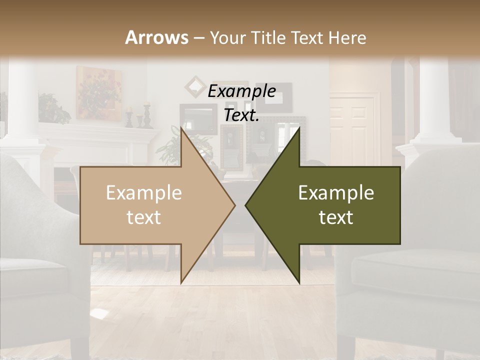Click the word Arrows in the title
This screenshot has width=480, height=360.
[157, 37]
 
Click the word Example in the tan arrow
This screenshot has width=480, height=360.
[144, 193]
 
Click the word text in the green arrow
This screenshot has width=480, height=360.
[336, 217]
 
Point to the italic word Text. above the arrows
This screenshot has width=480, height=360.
[241, 115]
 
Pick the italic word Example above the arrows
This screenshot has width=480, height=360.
[241, 91]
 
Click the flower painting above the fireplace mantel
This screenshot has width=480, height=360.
[99, 92]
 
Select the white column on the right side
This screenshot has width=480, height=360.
[432, 100]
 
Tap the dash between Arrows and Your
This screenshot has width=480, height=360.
[198, 38]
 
